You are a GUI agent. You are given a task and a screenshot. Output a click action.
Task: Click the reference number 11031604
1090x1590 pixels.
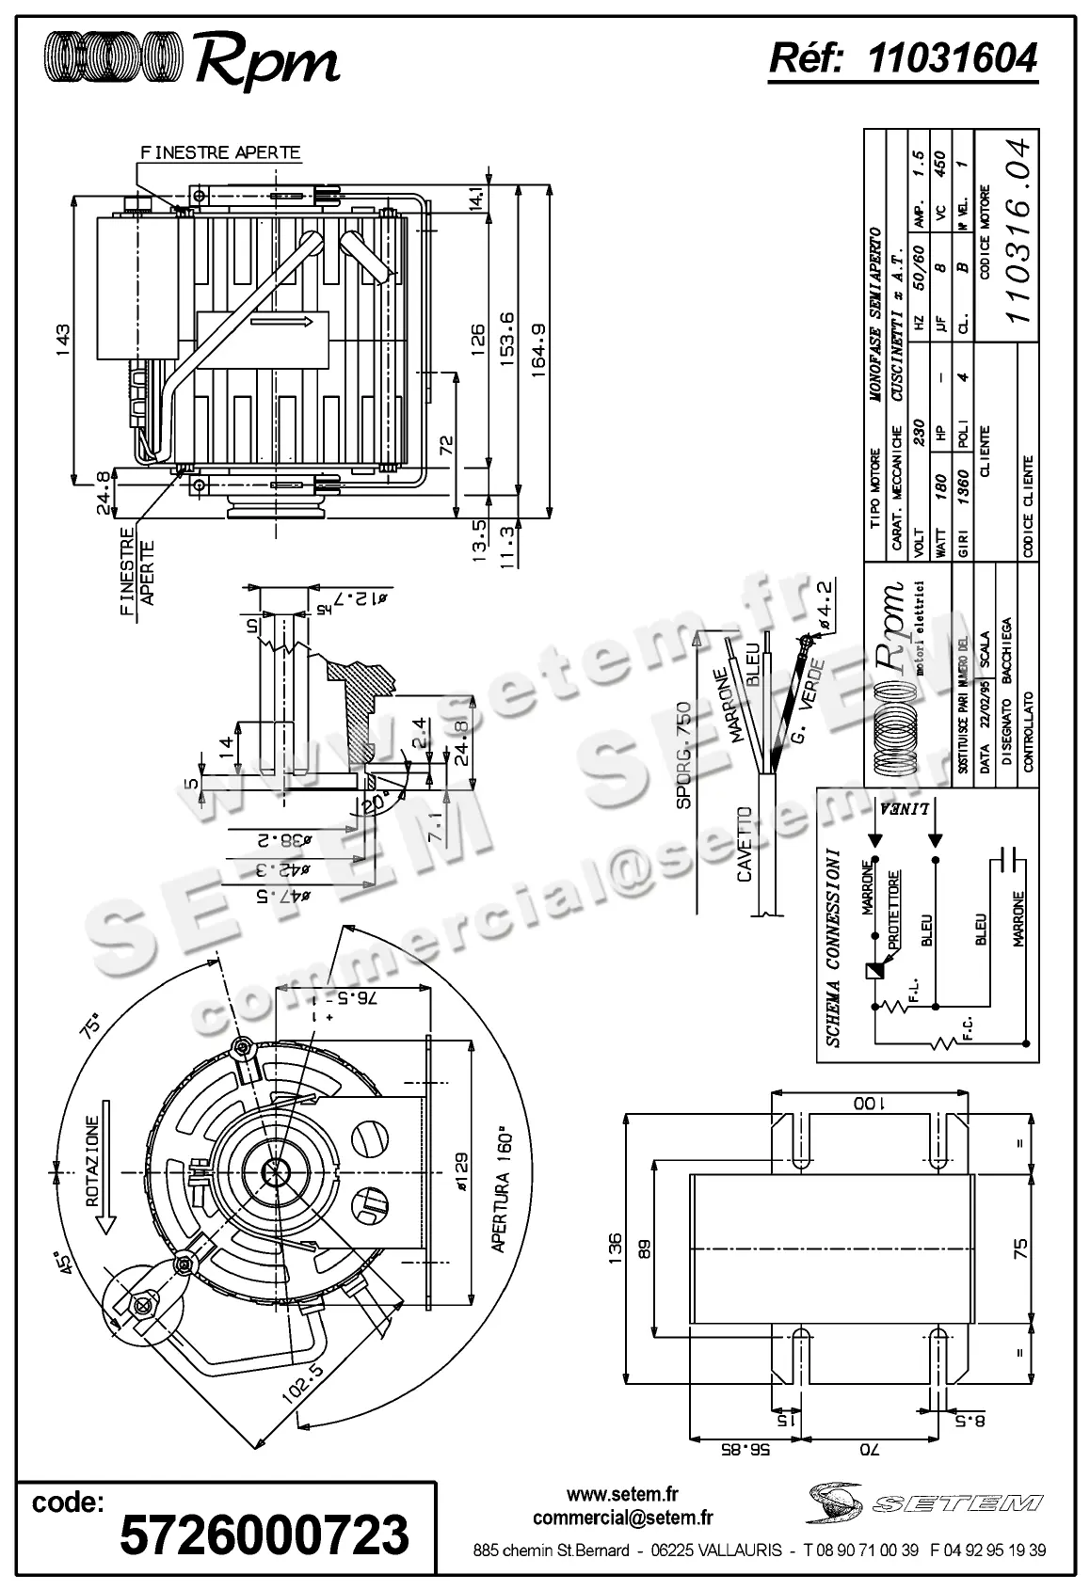pos(952,59)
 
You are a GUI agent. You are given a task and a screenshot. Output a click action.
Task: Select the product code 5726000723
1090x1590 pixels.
pos(264,1534)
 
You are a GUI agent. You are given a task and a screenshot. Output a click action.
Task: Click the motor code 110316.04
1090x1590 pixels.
pos(1018,231)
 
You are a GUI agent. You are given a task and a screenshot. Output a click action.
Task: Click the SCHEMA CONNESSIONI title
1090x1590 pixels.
pos(833,949)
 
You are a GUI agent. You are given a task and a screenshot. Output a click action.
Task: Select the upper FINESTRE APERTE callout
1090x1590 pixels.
pos(220,151)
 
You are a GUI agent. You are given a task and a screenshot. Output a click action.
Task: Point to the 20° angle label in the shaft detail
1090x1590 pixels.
pos(374,801)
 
